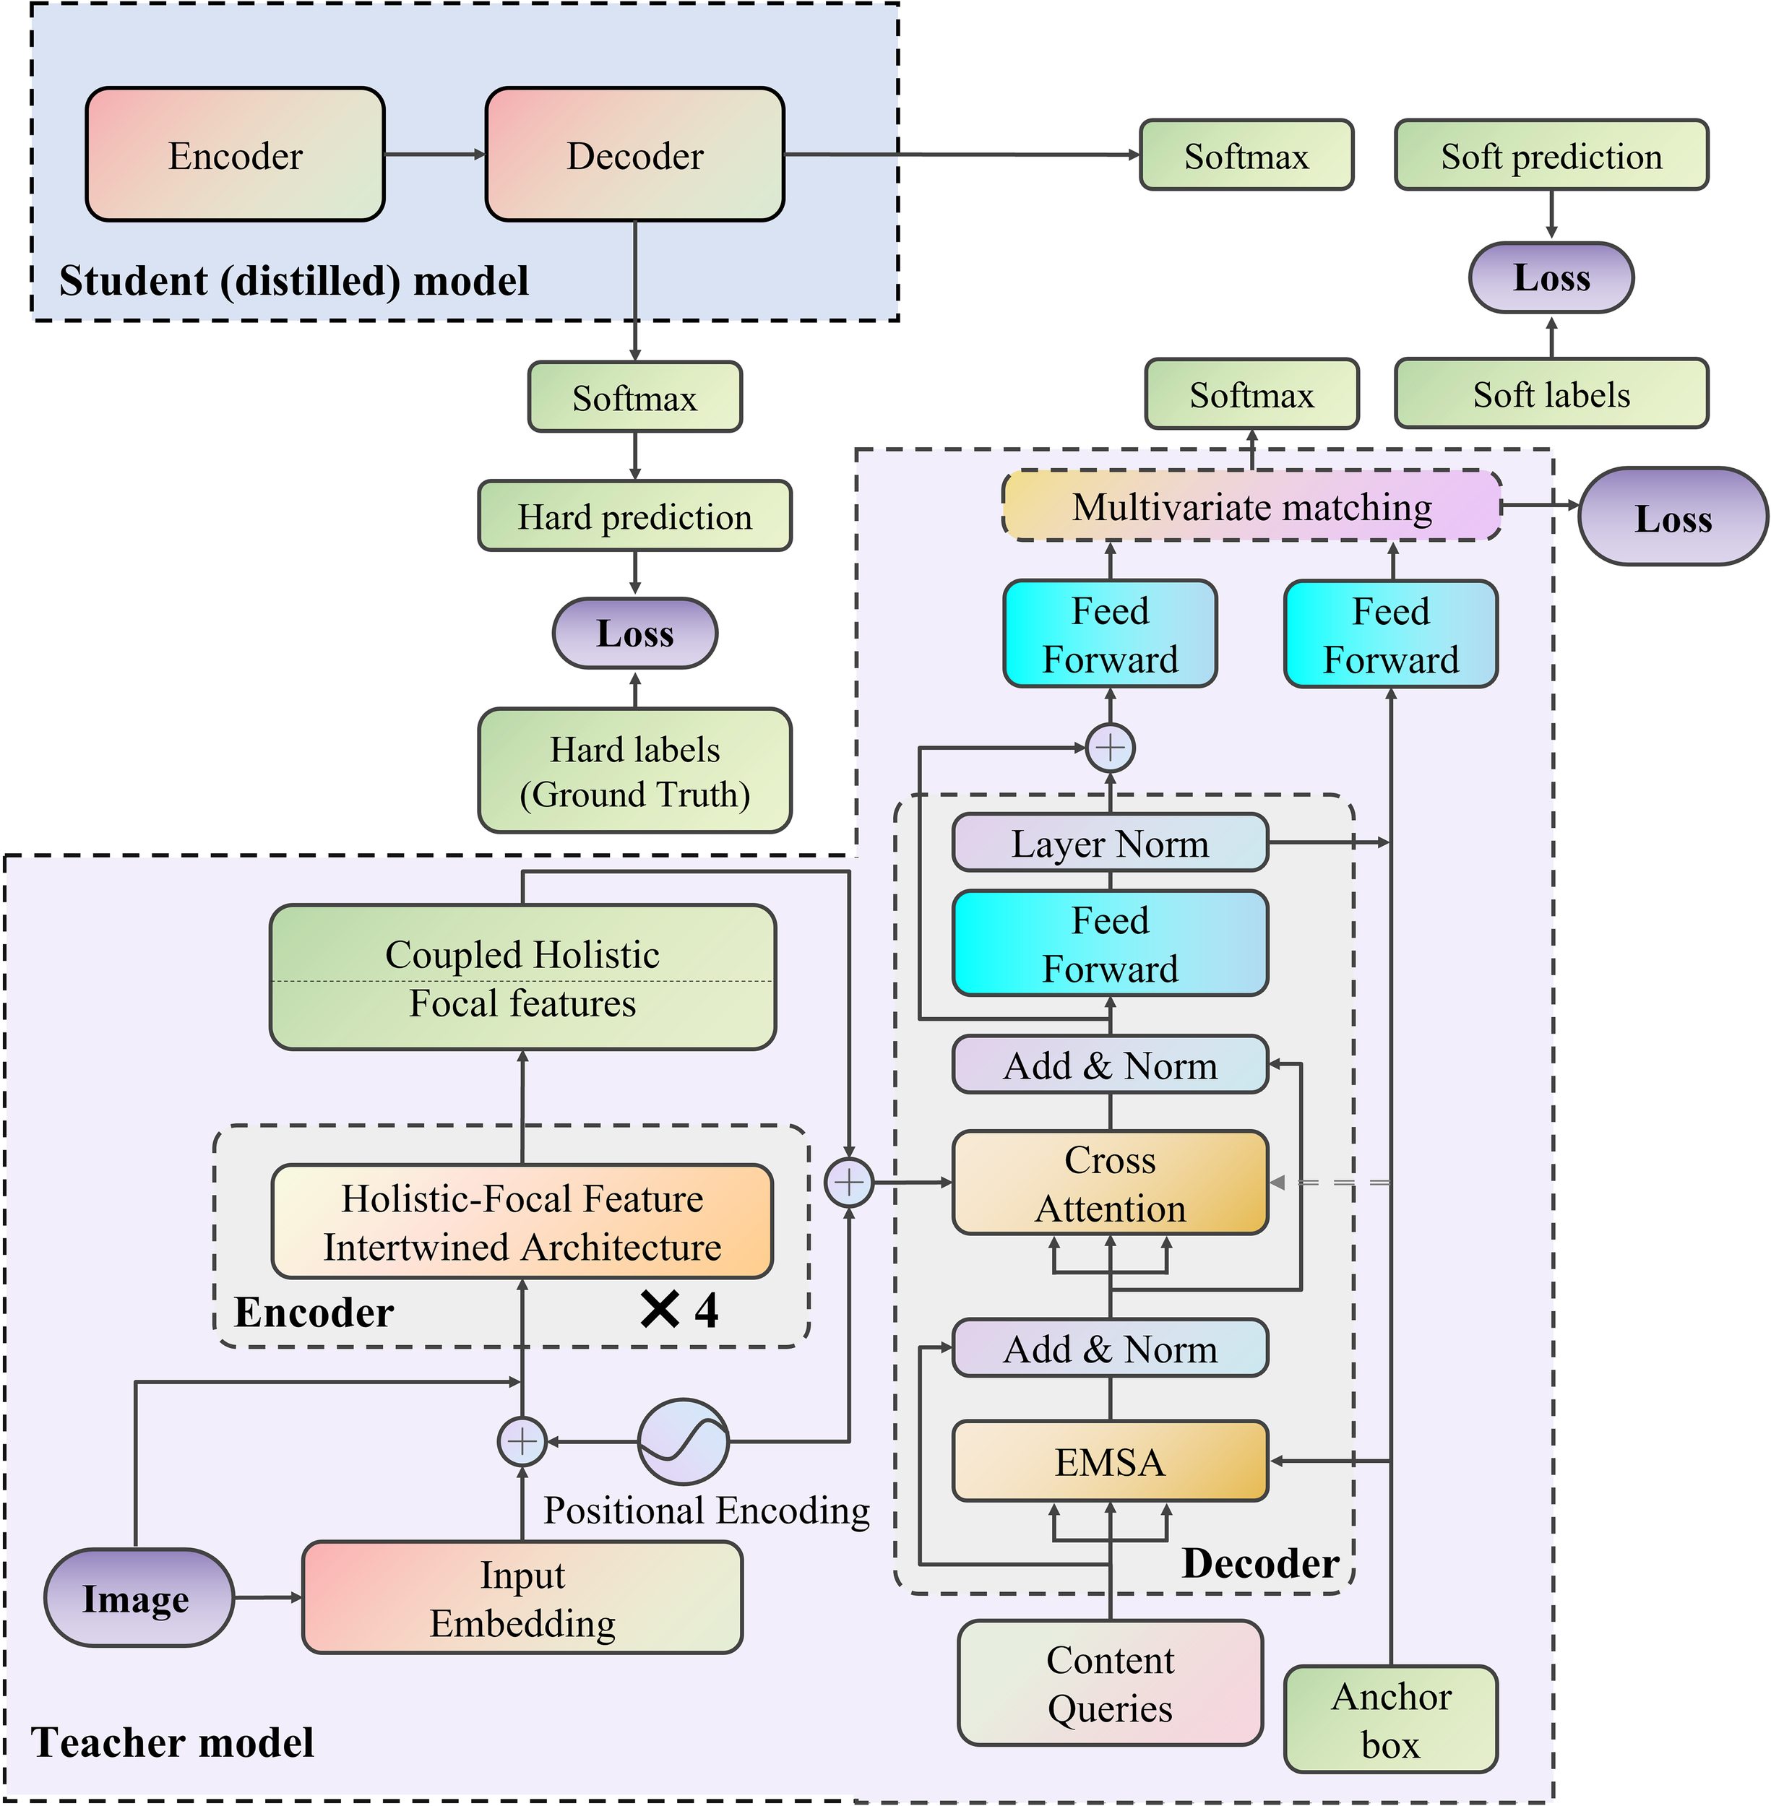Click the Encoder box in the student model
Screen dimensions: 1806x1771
(x=236, y=155)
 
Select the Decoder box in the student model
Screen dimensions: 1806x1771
(x=634, y=155)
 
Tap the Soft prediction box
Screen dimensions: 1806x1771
(x=1551, y=155)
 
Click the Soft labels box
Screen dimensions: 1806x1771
(x=1551, y=394)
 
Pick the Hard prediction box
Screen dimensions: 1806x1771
(x=634, y=516)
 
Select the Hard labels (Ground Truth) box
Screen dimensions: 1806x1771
(x=634, y=771)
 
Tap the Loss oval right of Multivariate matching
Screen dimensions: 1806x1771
(x=1673, y=517)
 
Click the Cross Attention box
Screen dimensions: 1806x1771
(x=1110, y=1183)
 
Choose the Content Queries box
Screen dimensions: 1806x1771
(x=1110, y=1683)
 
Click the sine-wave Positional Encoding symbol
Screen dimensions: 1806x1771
(x=684, y=1441)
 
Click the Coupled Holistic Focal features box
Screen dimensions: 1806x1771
(x=522, y=977)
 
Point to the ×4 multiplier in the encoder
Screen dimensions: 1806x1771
(x=680, y=1310)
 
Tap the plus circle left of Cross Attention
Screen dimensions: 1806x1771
(x=849, y=1183)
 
